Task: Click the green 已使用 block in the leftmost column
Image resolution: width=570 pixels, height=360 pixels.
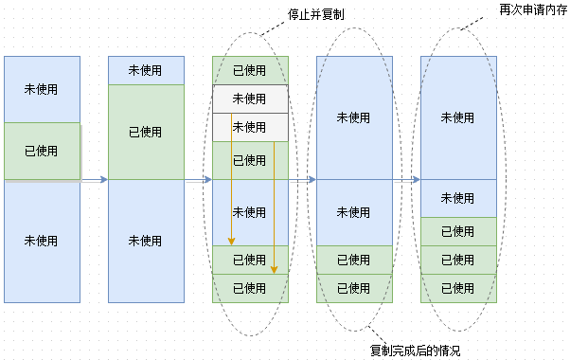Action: coord(42,151)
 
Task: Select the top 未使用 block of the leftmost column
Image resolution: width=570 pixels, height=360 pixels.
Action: coord(42,89)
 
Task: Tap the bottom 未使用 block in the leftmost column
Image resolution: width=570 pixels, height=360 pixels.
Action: coord(42,241)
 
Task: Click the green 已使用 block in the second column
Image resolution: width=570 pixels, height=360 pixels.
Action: coord(146,132)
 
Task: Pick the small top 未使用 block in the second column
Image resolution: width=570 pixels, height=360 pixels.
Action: coord(146,71)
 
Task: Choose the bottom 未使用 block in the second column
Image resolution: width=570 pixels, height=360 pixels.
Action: coord(146,241)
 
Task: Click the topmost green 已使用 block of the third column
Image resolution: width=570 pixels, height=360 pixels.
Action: coord(250,71)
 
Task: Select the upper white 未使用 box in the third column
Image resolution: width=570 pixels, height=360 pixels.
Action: coord(250,99)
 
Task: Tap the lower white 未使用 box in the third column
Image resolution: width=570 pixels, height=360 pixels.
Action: coord(250,127)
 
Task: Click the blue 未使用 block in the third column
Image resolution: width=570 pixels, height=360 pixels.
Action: coord(250,212)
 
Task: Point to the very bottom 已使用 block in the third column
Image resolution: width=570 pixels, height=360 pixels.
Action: coord(250,288)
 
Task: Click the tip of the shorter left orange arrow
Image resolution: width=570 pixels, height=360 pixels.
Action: coord(231,243)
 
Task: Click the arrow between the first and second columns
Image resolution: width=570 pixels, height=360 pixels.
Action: coord(95,179)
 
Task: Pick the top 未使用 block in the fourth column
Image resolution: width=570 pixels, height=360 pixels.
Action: coord(354,117)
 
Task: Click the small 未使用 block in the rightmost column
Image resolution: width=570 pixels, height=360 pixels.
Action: coord(458,198)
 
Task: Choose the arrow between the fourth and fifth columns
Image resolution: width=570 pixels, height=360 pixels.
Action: coord(406,179)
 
